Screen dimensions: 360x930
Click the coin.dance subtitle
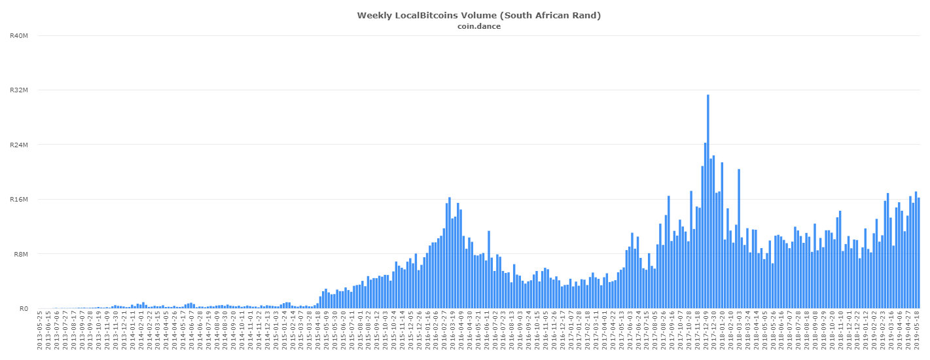479,26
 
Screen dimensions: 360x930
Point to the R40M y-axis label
18,35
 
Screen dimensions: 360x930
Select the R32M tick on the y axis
18,90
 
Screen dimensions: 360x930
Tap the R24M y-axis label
18,145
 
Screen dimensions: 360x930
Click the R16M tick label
18,200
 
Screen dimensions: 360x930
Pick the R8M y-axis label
19,254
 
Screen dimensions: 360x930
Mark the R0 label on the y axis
22,309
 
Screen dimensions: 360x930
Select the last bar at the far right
918,253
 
